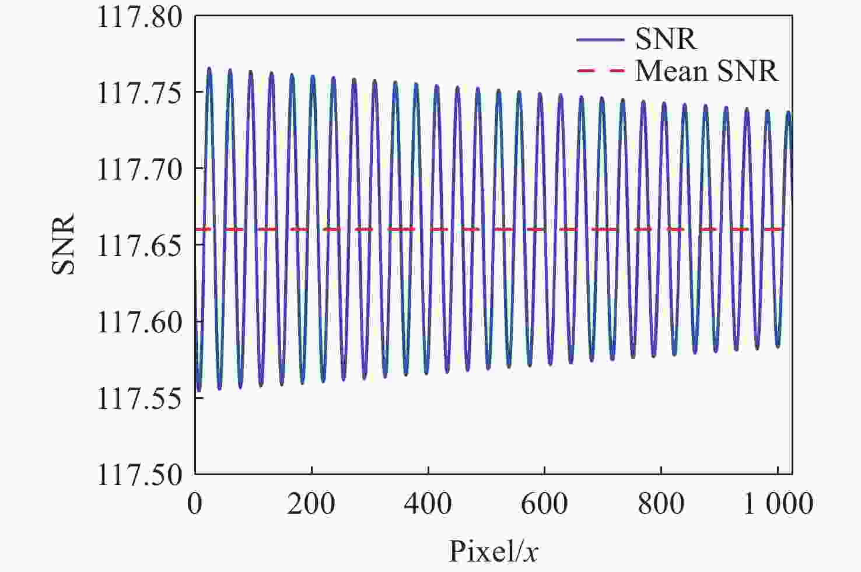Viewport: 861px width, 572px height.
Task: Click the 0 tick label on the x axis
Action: click(195, 503)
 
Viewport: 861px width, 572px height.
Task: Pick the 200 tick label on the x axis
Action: click(311, 503)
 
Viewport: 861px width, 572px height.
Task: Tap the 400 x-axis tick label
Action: click(428, 503)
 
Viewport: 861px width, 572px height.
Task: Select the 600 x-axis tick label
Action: click(544, 503)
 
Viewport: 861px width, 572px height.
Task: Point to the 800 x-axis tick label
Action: click(661, 503)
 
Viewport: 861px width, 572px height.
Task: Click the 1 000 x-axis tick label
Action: click(778, 503)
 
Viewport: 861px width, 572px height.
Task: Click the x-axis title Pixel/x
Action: click(493, 550)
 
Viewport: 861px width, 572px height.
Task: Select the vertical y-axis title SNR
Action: click(64, 245)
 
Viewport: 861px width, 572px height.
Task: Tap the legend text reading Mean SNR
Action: click(706, 71)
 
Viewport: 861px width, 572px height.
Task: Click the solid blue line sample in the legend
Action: click(600, 40)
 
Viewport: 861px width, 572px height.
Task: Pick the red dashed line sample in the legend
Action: click(600, 71)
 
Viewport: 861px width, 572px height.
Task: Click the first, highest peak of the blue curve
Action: click(209, 69)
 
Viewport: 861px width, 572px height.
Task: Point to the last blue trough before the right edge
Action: click(778, 346)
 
